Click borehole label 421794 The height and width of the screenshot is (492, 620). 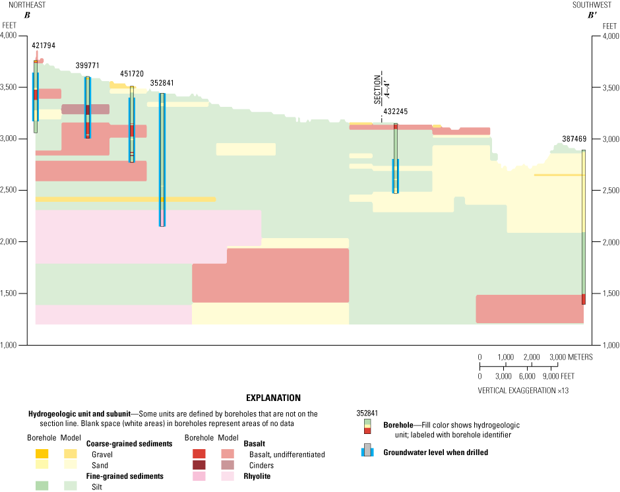point(44,46)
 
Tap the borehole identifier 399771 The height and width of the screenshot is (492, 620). point(87,66)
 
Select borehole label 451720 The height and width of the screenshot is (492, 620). point(131,75)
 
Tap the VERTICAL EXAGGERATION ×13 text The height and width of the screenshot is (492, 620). point(523,390)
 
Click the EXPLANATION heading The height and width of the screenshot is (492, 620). point(273,398)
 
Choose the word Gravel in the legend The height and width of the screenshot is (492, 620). point(103,454)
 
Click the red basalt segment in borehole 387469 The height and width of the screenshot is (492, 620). point(584,299)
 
